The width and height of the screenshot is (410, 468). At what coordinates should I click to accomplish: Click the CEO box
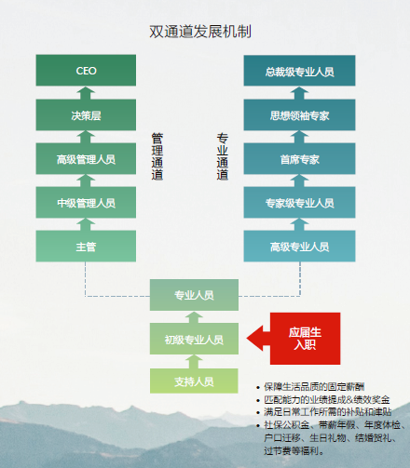tap(86, 70)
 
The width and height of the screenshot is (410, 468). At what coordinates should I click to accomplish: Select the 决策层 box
tap(86, 114)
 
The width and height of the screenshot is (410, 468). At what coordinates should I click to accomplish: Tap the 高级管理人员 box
tap(86, 158)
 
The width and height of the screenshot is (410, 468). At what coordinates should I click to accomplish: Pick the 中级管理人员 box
tap(86, 202)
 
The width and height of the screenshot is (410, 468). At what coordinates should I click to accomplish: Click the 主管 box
tap(86, 246)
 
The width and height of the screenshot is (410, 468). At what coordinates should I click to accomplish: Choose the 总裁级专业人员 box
tap(299, 71)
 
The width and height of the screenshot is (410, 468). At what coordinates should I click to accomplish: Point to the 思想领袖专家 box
tap(299, 114)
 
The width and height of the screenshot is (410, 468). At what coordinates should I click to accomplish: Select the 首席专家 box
tap(299, 158)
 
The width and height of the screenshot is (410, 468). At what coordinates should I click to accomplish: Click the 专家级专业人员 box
tap(299, 202)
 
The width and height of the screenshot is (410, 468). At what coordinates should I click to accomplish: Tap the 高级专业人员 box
tap(299, 246)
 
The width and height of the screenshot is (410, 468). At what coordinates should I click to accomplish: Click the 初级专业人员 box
tap(194, 339)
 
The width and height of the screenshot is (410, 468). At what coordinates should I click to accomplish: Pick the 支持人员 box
tap(194, 381)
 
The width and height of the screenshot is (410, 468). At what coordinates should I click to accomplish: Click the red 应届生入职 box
tap(305, 339)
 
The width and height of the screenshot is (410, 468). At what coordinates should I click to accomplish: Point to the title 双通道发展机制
tap(200, 32)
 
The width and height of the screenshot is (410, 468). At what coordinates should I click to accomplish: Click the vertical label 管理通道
tap(157, 156)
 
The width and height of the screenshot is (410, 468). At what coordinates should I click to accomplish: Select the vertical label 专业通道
tap(223, 156)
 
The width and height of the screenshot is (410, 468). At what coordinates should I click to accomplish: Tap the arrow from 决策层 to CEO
tap(86, 93)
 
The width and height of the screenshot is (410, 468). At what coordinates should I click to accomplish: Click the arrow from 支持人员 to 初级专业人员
tap(194, 362)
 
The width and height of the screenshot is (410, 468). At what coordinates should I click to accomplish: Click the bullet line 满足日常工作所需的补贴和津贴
tap(323, 412)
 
